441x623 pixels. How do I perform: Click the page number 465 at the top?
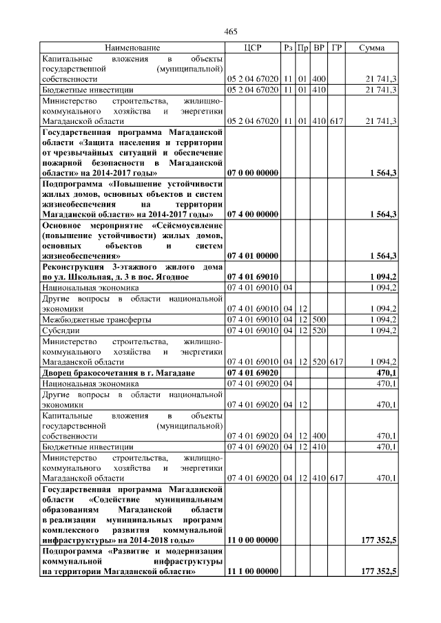(x=231, y=32)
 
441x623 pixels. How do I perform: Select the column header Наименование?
(x=132, y=47)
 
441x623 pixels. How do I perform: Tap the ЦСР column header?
(x=252, y=47)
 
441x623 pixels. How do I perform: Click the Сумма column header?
(x=372, y=47)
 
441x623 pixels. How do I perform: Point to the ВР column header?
(x=320, y=47)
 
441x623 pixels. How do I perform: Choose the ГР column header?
(x=336, y=47)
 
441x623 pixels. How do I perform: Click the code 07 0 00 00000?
(x=252, y=172)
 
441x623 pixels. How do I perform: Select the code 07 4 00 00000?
(x=252, y=214)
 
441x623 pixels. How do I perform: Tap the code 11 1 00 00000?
(x=252, y=572)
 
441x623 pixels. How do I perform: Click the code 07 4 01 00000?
(x=252, y=256)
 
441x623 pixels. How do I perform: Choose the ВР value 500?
(x=320, y=319)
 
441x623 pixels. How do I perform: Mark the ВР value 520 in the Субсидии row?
(x=320, y=330)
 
